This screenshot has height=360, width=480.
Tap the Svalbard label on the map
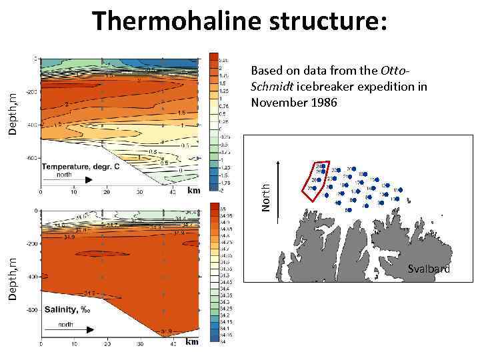pyautogui.click(x=429, y=269)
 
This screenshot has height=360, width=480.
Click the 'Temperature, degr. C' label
pyautogui.click(x=81, y=166)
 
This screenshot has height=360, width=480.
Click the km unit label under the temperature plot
pyautogui.click(x=193, y=190)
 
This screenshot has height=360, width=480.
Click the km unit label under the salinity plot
pyautogui.click(x=192, y=342)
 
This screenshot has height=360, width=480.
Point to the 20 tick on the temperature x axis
pyautogui.click(x=105, y=193)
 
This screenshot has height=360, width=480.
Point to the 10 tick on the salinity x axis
pyautogui.click(x=73, y=344)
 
